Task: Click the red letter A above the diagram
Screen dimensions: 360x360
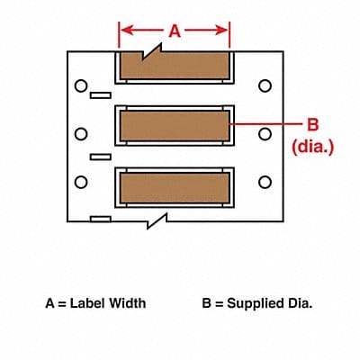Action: pos(175,31)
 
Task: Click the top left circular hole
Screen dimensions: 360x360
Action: pos(80,86)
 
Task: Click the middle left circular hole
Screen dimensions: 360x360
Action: pos(80,133)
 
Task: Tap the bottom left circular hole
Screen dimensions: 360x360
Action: pos(80,181)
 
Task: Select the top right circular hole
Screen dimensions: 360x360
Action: pos(265,86)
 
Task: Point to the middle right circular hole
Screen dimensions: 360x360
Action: pos(265,133)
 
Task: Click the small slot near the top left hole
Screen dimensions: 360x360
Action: pos(100,93)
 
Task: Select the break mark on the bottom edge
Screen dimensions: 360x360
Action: pos(162,219)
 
